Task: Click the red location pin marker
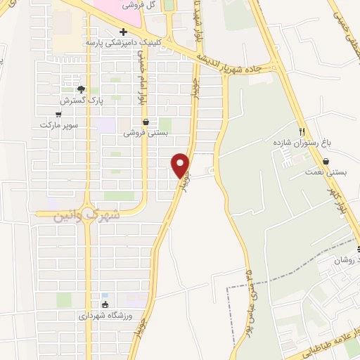pos(181,165)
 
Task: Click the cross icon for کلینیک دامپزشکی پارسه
pos(124,32)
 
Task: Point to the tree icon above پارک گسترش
pos(81,89)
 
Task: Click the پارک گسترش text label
pos(81,100)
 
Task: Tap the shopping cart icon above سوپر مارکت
pos(58,114)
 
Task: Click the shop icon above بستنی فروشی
pos(146,121)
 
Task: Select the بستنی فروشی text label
pos(146,132)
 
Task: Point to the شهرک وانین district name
pos(87,214)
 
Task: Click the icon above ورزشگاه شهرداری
pos(105,304)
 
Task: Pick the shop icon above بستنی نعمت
pos(326,161)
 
